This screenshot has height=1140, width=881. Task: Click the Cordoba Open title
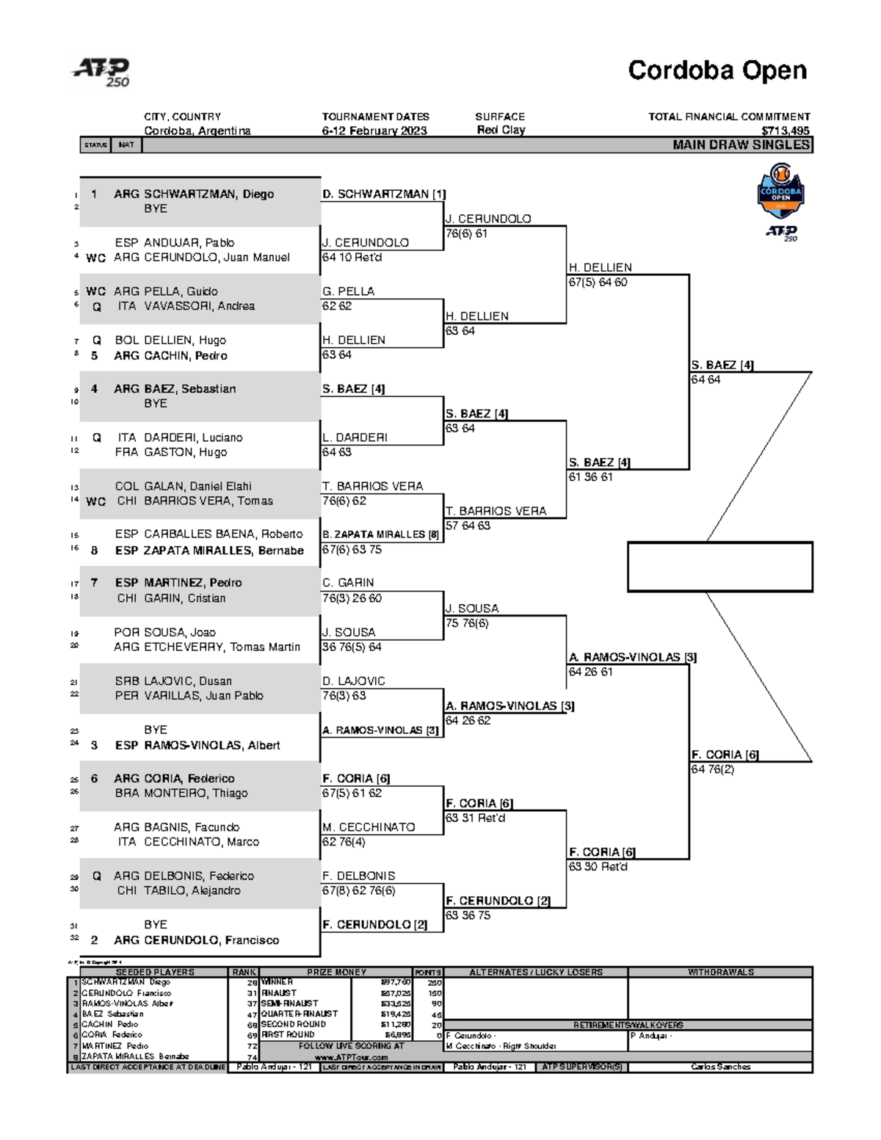[x=717, y=70]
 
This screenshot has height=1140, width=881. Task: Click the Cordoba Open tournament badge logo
[x=780, y=191]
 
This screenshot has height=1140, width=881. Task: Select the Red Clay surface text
[x=501, y=130]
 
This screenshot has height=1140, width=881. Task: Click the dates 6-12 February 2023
[x=374, y=131]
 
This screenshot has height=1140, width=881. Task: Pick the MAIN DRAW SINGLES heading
[x=741, y=145]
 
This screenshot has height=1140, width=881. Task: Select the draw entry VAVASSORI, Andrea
[x=199, y=306]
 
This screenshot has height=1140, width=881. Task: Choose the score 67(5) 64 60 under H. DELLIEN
[x=598, y=282]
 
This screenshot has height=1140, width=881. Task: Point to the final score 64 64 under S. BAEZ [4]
[x=705, y=380]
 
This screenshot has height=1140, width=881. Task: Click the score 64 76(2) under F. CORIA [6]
[x=712, y=769]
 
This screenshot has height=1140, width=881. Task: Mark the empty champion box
[x=719, y=567]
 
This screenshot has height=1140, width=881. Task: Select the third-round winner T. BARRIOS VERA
[x=496, y=511]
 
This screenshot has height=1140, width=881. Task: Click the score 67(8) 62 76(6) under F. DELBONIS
[x=358, y=890]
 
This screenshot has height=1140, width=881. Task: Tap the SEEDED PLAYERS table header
[x=155, y=972]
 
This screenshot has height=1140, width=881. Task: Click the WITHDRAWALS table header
[x=720, y=972]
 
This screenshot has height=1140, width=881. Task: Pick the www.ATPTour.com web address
[x=351, y=1057]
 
